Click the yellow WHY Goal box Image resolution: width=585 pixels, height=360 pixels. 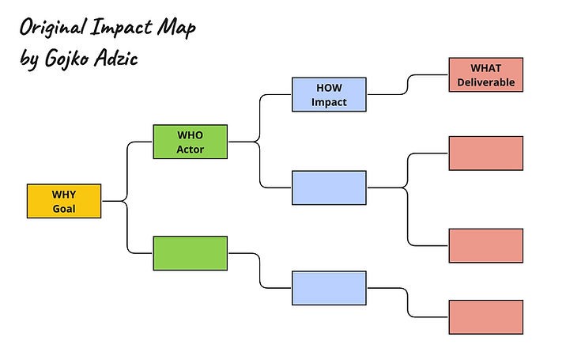pos(64,201)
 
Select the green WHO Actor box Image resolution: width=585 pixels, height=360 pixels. pos(191,141)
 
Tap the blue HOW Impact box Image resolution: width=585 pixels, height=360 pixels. pos(329,94)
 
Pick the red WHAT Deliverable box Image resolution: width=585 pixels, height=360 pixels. pos(485,75)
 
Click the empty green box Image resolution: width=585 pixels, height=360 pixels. pos(191,253)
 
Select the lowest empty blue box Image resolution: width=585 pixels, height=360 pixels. pos(329,288)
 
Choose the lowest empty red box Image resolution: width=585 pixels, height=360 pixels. pos(485,317)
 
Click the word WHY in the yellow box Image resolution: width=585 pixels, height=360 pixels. pos(64,194)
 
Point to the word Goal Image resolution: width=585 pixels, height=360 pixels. pos(64,209)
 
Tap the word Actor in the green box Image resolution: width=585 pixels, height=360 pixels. pos(191,149)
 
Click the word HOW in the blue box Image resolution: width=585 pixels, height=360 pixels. pos(329,87)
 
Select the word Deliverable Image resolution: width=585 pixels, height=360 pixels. pos(485,82)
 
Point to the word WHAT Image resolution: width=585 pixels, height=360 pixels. pos(485,68)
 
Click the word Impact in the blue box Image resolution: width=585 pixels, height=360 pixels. pos(329,102)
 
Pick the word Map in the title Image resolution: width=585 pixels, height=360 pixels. pos(179,29)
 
